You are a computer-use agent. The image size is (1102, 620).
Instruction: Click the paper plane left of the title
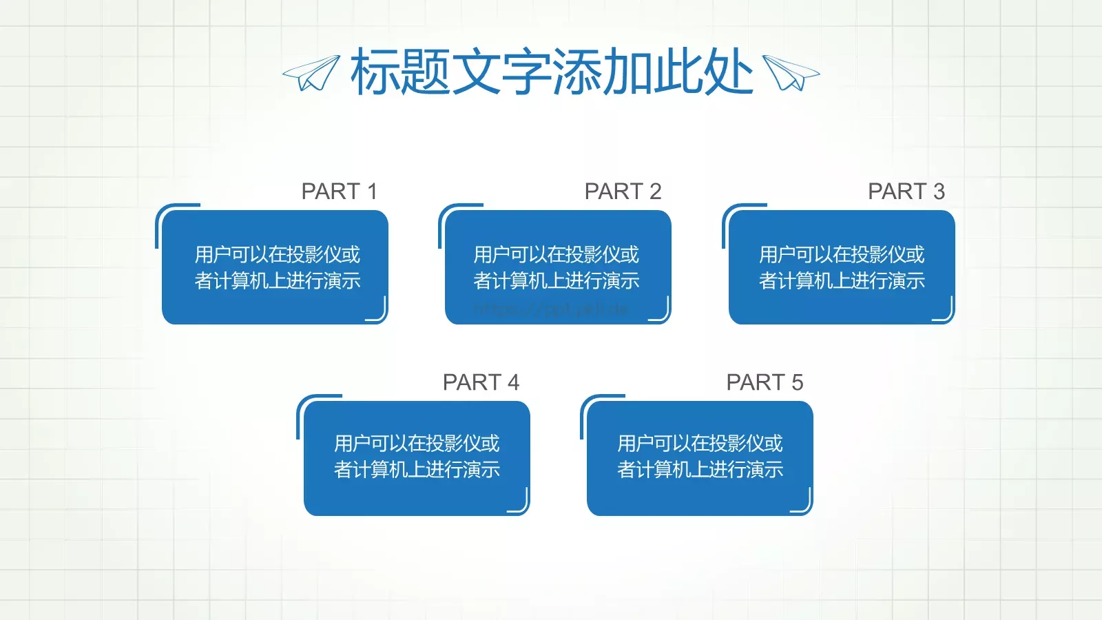point(311,73)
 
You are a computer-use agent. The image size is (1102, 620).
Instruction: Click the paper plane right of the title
point(791,73)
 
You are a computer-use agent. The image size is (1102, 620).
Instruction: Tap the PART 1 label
point(340,191)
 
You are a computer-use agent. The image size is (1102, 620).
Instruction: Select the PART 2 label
point(623,191)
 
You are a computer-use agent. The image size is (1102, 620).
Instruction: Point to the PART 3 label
point(906,191)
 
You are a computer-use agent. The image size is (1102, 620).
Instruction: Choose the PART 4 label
point(481,382)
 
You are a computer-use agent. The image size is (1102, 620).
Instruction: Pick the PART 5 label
point(765,382)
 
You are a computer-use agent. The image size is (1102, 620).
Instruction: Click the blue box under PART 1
point(275,267)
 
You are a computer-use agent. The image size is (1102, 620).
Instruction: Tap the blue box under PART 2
point(558,267)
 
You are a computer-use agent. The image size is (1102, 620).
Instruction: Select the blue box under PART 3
point(842,267)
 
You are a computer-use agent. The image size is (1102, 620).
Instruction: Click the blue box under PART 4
point(417,458)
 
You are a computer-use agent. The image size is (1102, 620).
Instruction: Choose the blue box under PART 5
point(700,458)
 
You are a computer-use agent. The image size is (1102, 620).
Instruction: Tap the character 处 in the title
point(728,72)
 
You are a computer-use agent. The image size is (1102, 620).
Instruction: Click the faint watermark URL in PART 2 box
point(551,309)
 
